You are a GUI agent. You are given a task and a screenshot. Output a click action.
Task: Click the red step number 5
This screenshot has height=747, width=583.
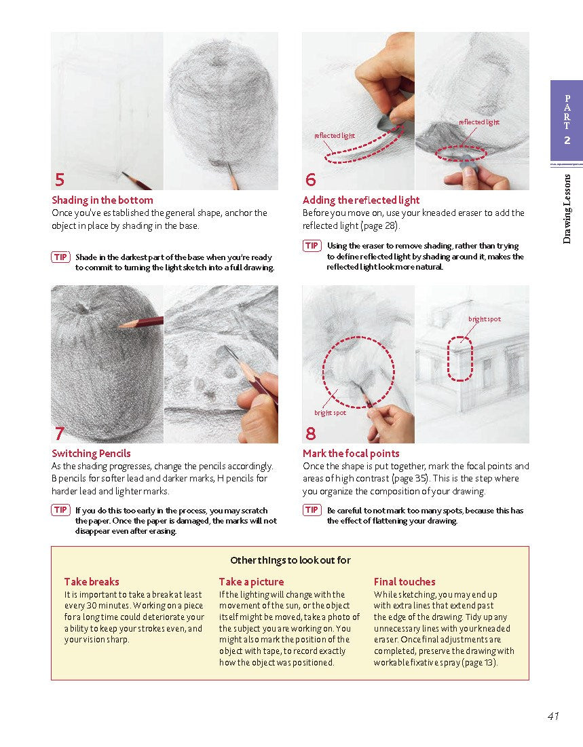pos(60,180)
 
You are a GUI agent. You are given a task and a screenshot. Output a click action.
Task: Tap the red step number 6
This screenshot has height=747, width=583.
pos(311,180)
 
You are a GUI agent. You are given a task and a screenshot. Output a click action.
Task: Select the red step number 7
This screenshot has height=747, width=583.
pos(60,433)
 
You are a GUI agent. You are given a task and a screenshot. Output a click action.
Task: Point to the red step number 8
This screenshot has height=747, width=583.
pos(311,433)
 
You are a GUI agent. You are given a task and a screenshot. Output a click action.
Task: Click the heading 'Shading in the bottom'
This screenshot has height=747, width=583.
pos(102,200)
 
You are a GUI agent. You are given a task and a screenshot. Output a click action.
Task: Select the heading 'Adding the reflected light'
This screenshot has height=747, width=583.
pos(361,200)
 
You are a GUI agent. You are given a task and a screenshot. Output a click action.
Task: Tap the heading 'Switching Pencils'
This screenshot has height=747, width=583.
pos(92,454)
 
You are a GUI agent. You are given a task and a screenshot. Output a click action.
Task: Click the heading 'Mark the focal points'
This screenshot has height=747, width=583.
pos(351,454)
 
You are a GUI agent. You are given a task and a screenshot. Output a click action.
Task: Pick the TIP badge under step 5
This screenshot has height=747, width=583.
pos(60,257)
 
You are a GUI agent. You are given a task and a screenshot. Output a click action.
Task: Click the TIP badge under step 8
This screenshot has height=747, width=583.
pos(312,510)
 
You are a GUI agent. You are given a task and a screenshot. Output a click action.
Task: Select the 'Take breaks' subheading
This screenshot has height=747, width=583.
pos(92,582)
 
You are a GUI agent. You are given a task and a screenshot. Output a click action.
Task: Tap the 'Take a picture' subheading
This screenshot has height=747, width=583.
pos(251,582)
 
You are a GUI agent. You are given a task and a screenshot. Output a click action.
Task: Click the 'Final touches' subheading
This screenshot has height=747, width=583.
pos(405,582)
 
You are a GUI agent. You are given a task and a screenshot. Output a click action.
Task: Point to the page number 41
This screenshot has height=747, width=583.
pos(552,716)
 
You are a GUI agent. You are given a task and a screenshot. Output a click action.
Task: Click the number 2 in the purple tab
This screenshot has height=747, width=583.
pos(567,141)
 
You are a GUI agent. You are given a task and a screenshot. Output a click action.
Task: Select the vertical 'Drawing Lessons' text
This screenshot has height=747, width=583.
pos(567,208)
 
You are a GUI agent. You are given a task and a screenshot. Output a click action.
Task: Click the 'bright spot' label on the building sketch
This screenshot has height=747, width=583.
pos(485,319)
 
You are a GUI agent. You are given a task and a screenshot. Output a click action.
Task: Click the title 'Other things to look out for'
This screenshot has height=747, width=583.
pos(290,560)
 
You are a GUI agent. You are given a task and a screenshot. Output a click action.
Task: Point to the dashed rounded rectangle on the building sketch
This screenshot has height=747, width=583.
pos(459,358)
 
